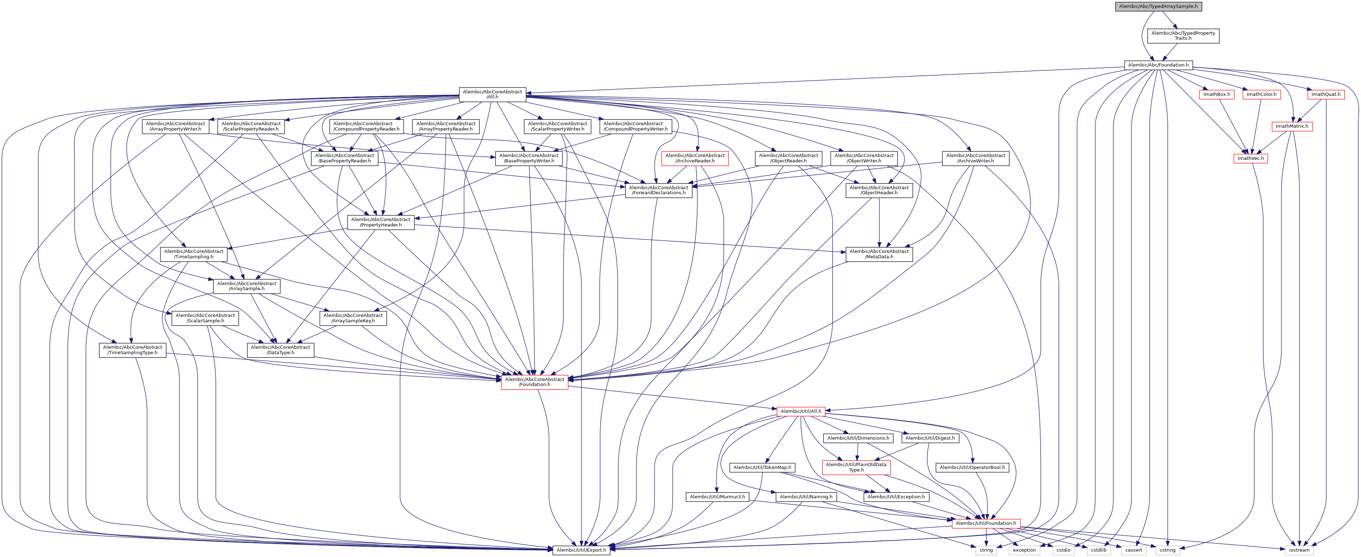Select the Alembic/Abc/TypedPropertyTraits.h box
coord(1183,35)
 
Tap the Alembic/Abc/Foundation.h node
coord(1158,65)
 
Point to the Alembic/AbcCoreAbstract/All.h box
coord(492,94)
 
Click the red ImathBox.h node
coord(1216,94)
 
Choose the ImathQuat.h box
coord(1326,94)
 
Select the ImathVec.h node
coord(1251,158)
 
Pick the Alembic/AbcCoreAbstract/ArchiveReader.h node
coord(695,158)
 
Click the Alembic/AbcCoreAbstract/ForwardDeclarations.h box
coord(658,190)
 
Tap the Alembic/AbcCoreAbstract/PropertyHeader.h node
coord(380,222)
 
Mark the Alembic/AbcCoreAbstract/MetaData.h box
coord(879,254)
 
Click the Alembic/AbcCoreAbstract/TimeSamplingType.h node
coord(132,350)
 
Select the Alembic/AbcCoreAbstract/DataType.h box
coord(280,350)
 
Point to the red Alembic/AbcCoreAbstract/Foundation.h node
coord(534,382)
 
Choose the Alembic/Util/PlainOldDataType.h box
coord(856,467)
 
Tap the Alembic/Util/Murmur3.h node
coord(717,497)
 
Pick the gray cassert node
coord(1133,550)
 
